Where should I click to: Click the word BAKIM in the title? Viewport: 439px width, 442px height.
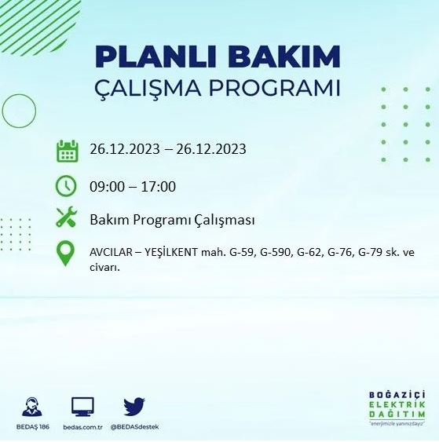(280, 57)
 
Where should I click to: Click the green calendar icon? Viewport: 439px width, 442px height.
(67, 150)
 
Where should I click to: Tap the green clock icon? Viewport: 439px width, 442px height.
(67, 186)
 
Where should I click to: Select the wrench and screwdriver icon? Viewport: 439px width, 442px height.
(67, 217)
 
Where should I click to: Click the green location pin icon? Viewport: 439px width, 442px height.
(67, 254)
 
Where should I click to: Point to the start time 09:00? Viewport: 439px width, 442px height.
(105, 186)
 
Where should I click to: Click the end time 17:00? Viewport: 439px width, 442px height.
(159, 186)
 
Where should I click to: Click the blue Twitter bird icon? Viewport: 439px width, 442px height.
(134, 407)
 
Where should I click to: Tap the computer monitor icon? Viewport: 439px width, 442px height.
(82, 407)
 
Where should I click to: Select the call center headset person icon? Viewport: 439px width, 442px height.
(32, 407)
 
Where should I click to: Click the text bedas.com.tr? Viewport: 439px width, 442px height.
(82, 428)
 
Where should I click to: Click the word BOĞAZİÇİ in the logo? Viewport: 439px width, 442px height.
(397, 394)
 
